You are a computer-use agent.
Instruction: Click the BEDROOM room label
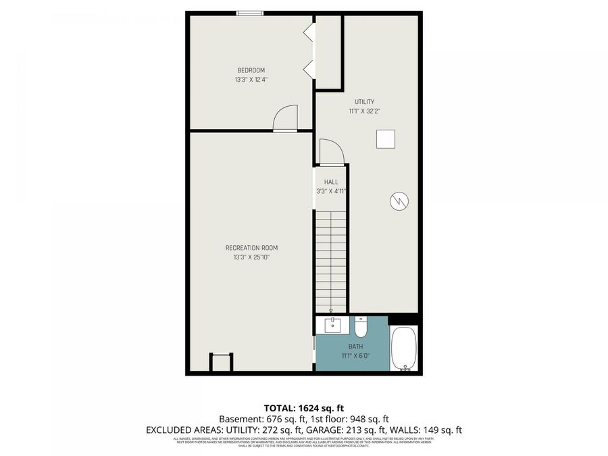[250, 70]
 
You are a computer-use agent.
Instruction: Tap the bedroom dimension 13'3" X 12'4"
[250, 80]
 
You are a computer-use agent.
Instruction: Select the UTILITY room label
[364, 102]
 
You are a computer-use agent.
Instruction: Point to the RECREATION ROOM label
[251, 248]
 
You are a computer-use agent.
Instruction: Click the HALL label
[330, 182]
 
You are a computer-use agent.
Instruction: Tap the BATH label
[355, 347]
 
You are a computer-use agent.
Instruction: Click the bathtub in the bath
[405, 349]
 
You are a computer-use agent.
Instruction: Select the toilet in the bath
[361, 328]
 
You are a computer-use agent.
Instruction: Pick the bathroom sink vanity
[333, 326]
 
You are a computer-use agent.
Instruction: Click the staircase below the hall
[331, 260]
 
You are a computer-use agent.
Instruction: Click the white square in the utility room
[386, 138]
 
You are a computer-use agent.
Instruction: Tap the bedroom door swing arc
[285, 118]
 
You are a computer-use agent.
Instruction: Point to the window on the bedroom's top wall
[249, 13]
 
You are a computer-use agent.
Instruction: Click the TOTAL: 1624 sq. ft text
[303, 408]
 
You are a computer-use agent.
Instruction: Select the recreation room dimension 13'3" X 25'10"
[251, 257]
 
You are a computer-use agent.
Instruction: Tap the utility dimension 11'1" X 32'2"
[364, 111]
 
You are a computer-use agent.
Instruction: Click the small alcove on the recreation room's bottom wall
[220, 362]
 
